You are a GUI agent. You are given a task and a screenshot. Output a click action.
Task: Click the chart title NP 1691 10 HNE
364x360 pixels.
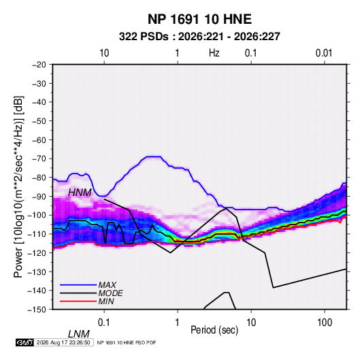[199, 19]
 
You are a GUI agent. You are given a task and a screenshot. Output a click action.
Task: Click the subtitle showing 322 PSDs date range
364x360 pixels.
[199, 37]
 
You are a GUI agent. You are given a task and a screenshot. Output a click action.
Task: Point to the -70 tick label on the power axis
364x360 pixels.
[39, 159]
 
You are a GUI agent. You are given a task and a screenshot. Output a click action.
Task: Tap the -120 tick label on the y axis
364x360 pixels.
[37, 253]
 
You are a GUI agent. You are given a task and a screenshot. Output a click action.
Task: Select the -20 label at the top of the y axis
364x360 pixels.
[39, 65]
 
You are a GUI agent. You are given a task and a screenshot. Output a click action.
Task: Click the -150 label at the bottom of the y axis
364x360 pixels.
[37, 310]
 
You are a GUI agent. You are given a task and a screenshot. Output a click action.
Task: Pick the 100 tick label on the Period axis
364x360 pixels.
[325, 323]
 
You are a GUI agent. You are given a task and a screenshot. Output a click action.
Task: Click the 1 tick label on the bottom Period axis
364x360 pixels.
[178, 323]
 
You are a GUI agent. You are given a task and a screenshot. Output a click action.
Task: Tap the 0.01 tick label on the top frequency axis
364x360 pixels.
[324, 53]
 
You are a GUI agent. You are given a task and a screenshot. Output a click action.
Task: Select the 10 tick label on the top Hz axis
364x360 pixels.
[104, 53]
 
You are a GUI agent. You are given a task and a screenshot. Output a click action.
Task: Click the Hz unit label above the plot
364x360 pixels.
[214, 53]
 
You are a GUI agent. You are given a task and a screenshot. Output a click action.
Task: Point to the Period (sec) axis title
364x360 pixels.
[214, 330]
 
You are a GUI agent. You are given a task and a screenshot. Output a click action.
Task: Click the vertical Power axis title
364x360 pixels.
[18, 187]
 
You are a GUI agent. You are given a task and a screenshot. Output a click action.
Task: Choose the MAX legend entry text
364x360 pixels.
[107, 285]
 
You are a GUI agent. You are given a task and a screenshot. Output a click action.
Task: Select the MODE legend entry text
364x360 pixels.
[110, 293]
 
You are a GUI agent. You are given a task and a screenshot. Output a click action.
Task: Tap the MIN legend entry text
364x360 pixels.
[106, 301]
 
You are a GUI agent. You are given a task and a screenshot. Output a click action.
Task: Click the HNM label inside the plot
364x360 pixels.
[80, 193]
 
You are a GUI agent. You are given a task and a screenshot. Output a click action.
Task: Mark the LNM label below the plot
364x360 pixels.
[79, 334]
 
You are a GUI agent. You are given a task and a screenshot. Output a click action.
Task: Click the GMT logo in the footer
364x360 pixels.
[25, 342]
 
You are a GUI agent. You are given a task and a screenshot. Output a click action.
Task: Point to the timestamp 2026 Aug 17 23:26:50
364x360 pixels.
[63, 342]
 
